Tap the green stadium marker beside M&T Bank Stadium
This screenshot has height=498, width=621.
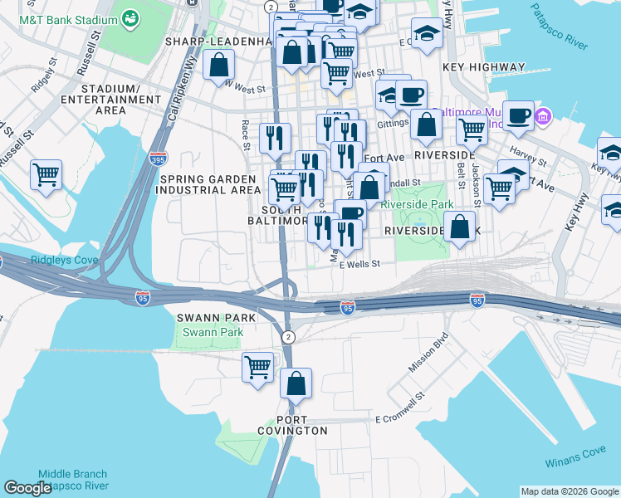(130, 17)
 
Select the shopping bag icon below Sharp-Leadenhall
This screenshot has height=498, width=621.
(218, 63)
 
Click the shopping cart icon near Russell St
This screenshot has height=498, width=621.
(46, 174)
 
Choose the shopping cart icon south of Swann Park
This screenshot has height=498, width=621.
(258, 366)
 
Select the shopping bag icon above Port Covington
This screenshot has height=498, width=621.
(295, 383)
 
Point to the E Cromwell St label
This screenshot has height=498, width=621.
(399, 419)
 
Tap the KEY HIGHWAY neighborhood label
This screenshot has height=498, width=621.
(484, 67)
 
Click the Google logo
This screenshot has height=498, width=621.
(27, 488)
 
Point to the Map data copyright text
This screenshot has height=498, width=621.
(569, 491)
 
